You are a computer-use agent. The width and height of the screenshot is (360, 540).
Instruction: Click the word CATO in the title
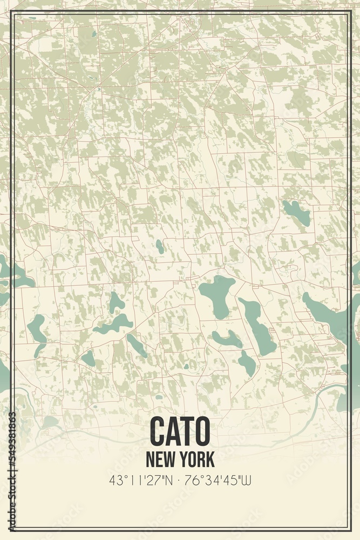(180, 430)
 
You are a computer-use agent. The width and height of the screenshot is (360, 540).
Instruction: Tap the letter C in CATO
(158, 430)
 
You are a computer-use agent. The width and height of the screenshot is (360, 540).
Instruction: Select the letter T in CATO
(187, 430)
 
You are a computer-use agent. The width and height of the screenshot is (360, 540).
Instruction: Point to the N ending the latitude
(169, 480)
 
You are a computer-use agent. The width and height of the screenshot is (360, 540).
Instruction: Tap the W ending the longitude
(249, 480)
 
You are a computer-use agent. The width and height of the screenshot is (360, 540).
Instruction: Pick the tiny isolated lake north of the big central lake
(160, 247)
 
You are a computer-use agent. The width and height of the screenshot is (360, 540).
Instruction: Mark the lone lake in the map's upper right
(297, 213)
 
